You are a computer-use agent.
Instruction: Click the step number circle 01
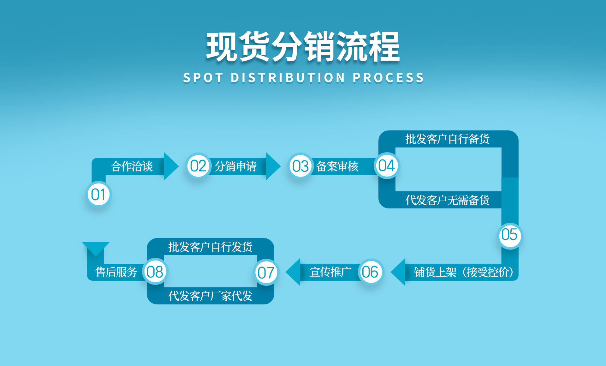coord(98,195)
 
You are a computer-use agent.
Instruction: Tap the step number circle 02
coord(198,166)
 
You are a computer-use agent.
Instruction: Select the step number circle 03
coord(300,166)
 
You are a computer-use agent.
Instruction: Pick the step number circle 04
coord(387,166)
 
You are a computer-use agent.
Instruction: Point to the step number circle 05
coord(509,235)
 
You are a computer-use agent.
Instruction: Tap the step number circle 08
coord(155,272)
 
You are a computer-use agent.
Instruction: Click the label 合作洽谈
coord(132,166)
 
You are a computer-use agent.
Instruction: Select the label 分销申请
coord(235,166)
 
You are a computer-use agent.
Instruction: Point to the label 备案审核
coord(337,166)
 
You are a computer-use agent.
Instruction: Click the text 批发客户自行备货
coord(447,139)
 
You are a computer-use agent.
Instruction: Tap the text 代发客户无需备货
coord(447,200)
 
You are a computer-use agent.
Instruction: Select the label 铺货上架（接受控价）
coord(464,272)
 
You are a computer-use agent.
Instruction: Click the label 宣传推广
coord(330,272)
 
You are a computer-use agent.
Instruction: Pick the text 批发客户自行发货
coord(210,247)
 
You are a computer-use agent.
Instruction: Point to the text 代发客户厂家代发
coord(210,296)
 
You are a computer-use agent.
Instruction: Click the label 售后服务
coord(116,272)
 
